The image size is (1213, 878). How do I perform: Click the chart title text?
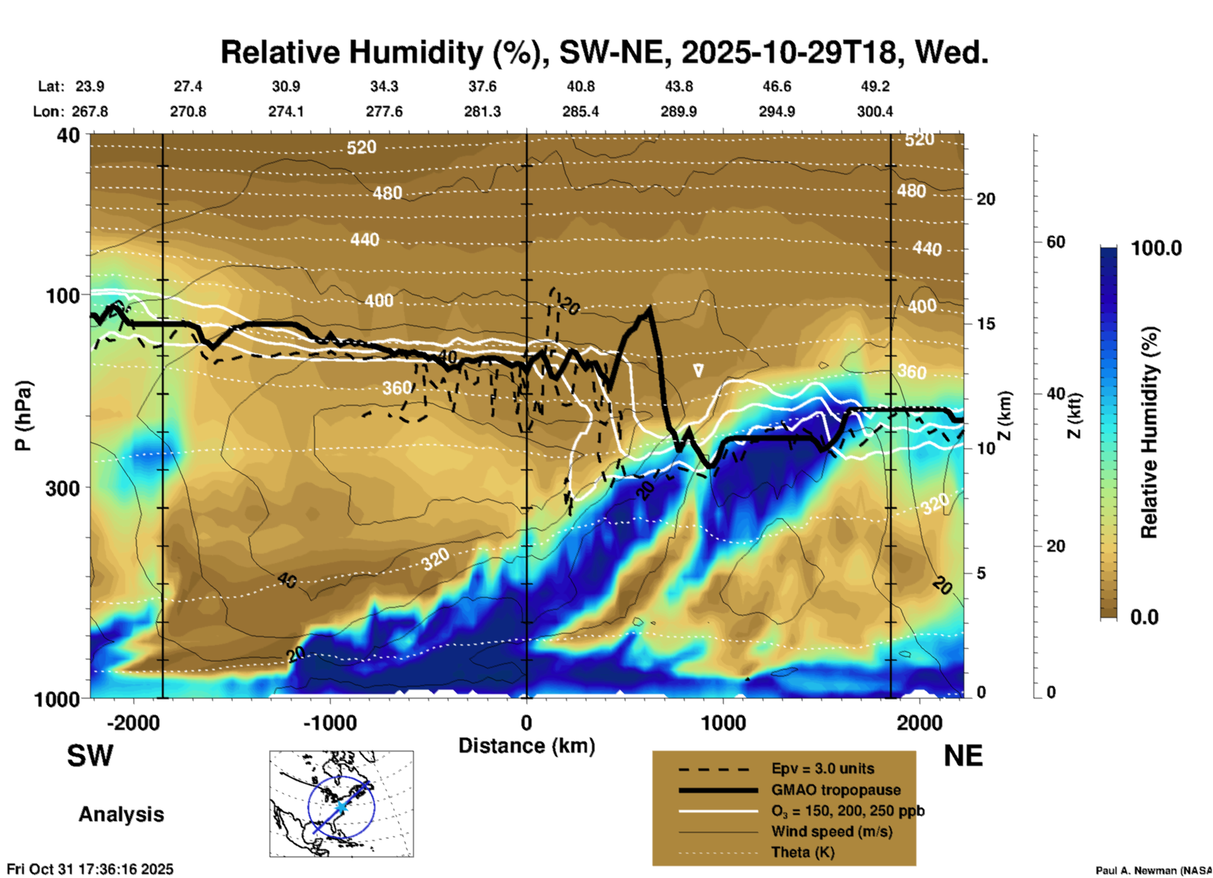point(604,52)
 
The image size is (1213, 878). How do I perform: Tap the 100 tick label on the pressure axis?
point(64,295)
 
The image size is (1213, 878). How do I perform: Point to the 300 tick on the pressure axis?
point(64,488)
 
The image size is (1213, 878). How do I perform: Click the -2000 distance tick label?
point(134,723)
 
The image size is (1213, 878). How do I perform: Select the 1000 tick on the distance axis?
point(723,723)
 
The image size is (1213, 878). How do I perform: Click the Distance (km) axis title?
point(527,746)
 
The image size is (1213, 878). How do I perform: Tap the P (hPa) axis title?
point(23,415)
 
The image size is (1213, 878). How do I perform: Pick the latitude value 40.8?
point(580,86)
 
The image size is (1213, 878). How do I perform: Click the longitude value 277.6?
point(384,111)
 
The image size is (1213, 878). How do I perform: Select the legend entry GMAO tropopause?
point(836,790)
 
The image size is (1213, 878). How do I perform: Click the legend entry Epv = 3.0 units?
point(823,769)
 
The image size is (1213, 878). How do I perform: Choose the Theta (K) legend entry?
point(802,852)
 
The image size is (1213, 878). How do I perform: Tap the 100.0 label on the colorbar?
point(1156,248)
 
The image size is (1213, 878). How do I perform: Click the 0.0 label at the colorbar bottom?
point(1144,617)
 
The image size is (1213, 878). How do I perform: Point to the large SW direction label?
point(90,756)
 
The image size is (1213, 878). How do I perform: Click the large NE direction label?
point(963,756)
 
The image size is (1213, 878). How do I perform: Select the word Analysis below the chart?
point(121,814)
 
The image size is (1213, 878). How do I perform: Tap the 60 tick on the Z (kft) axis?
point(1056,242)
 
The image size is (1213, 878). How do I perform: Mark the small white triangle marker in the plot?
point(698,370)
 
